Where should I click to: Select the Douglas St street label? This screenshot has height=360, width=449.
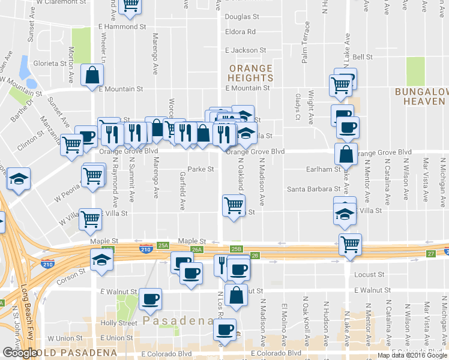[x=242, y=17]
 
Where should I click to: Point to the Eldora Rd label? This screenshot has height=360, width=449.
[x=240, y=31]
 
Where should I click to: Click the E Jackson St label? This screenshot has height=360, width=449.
[x=245, y=51]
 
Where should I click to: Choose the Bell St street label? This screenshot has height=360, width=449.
[x=363, y=57]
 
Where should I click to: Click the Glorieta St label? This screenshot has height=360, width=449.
[x=50, y=63]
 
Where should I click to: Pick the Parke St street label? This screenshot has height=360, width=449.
[x=201, y=169]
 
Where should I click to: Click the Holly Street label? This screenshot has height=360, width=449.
[x=119, y=323]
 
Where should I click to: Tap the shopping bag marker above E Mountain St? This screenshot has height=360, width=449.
[x=92, y=76]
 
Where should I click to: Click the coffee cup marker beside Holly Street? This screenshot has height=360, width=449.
[x=150, y=298]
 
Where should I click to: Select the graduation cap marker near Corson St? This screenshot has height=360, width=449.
[x=101, y=260]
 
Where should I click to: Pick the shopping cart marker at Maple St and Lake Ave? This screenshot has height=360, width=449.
[x=349, y=244]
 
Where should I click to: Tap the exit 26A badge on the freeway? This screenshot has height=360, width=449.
[x=196, y=250]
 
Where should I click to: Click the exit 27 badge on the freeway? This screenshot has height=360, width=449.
[x=430, y=254]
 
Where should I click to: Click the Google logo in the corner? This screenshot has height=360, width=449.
[x=20, y=353]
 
